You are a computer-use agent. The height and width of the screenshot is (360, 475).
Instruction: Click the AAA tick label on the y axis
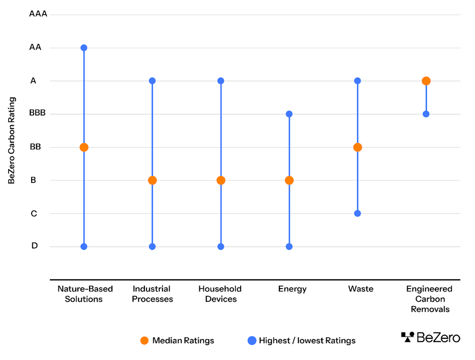[x=38, y=14]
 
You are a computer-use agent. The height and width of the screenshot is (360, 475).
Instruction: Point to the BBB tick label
[x=37, y=113]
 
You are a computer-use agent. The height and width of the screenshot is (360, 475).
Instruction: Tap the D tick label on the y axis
[x=34, y=246]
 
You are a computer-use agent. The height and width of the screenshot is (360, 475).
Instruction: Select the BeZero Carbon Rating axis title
[x=12, y=140]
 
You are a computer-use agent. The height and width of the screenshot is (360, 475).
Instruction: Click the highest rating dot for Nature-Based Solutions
[x=84, y=48]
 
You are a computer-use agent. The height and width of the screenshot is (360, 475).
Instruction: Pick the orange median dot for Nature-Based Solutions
[x=84, y=147]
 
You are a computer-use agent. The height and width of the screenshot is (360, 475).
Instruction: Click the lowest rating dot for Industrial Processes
[x=152, y=246]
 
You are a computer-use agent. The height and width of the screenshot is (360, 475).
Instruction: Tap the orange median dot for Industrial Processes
[x=152, y=181]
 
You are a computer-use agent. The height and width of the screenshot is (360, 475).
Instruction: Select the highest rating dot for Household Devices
[x=221, y=81]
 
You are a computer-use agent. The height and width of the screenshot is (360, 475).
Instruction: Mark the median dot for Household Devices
[x=221, y=181]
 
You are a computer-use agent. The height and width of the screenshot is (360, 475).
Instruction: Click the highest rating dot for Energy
[x=289, y=114]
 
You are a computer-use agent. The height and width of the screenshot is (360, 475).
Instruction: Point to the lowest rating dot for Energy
[x=289, y=246]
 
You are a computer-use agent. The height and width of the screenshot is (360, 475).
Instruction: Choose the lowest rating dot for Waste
[x=358, y=213]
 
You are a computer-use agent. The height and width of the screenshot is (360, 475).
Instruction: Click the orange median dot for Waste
[x=358, y=147]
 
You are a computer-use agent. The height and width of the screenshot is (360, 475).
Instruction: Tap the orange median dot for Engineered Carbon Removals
[x=426, y=81]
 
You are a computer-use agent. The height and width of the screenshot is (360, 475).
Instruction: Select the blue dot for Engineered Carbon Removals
[x=426, y=114]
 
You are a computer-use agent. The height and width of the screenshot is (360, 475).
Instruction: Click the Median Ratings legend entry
[x=178, y=340]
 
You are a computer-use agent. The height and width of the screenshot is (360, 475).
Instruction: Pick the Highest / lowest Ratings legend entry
[x=301, y=340]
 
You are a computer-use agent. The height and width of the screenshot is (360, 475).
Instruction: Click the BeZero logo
[x=430, y=337]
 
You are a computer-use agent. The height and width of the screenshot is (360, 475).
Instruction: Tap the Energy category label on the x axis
[x=292, y=289]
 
